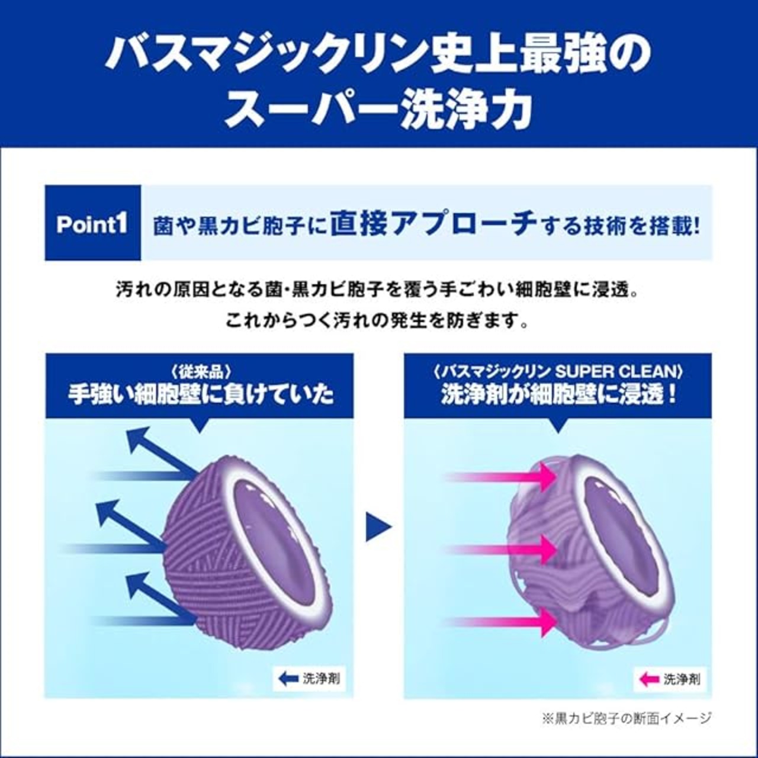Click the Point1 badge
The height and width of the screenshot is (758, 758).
coord(92,223)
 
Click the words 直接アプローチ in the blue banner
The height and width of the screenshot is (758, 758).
coord(433,223)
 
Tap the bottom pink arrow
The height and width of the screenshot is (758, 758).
coord(503,621)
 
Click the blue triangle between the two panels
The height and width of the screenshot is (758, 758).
coord(378,525)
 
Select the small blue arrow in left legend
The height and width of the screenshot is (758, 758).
coord(288,679)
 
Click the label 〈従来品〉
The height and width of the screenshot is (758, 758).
coord(200,372)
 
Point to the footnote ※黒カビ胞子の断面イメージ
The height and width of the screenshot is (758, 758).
coord(627,718)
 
